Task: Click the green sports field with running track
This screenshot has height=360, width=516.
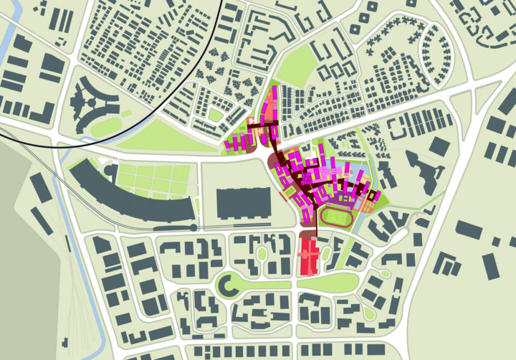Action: pos(336,217)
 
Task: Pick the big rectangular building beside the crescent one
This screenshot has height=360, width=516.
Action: pos(241,202)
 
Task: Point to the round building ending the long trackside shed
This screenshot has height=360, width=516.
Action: pos(196,227)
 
